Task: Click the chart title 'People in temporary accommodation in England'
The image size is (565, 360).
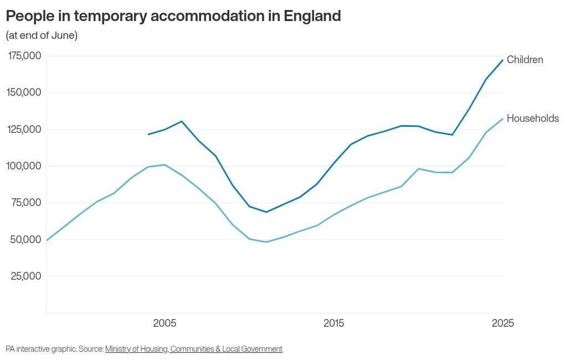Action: pos(173,16)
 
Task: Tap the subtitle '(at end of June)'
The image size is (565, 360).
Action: pos(42,35)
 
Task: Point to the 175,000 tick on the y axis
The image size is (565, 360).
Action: pos(24,56)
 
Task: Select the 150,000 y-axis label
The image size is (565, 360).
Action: pos(24,92)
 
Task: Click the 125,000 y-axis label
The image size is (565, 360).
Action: pos(24,130)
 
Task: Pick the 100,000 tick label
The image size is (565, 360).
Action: pos(24,166)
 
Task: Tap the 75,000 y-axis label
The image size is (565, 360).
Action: pos(27,203)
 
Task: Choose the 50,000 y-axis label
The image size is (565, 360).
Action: pos(27,239)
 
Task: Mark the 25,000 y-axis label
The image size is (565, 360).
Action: pos(27,276)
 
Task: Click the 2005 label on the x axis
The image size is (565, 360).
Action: pos(165,323)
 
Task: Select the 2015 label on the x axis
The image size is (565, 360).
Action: pos(333,323)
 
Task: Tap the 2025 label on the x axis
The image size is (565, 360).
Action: pos(502,323)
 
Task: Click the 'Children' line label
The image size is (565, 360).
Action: pos(525,60)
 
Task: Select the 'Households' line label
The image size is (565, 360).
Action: pos(532,119)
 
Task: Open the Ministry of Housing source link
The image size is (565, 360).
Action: pos(193,349)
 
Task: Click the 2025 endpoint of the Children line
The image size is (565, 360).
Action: pos(503,60)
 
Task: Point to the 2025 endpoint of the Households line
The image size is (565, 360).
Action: pos(503,119)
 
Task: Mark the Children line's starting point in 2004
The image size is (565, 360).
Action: pos(148,134)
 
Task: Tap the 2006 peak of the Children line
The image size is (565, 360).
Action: pos(182,121)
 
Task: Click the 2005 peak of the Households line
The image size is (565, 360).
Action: pos(165,164)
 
